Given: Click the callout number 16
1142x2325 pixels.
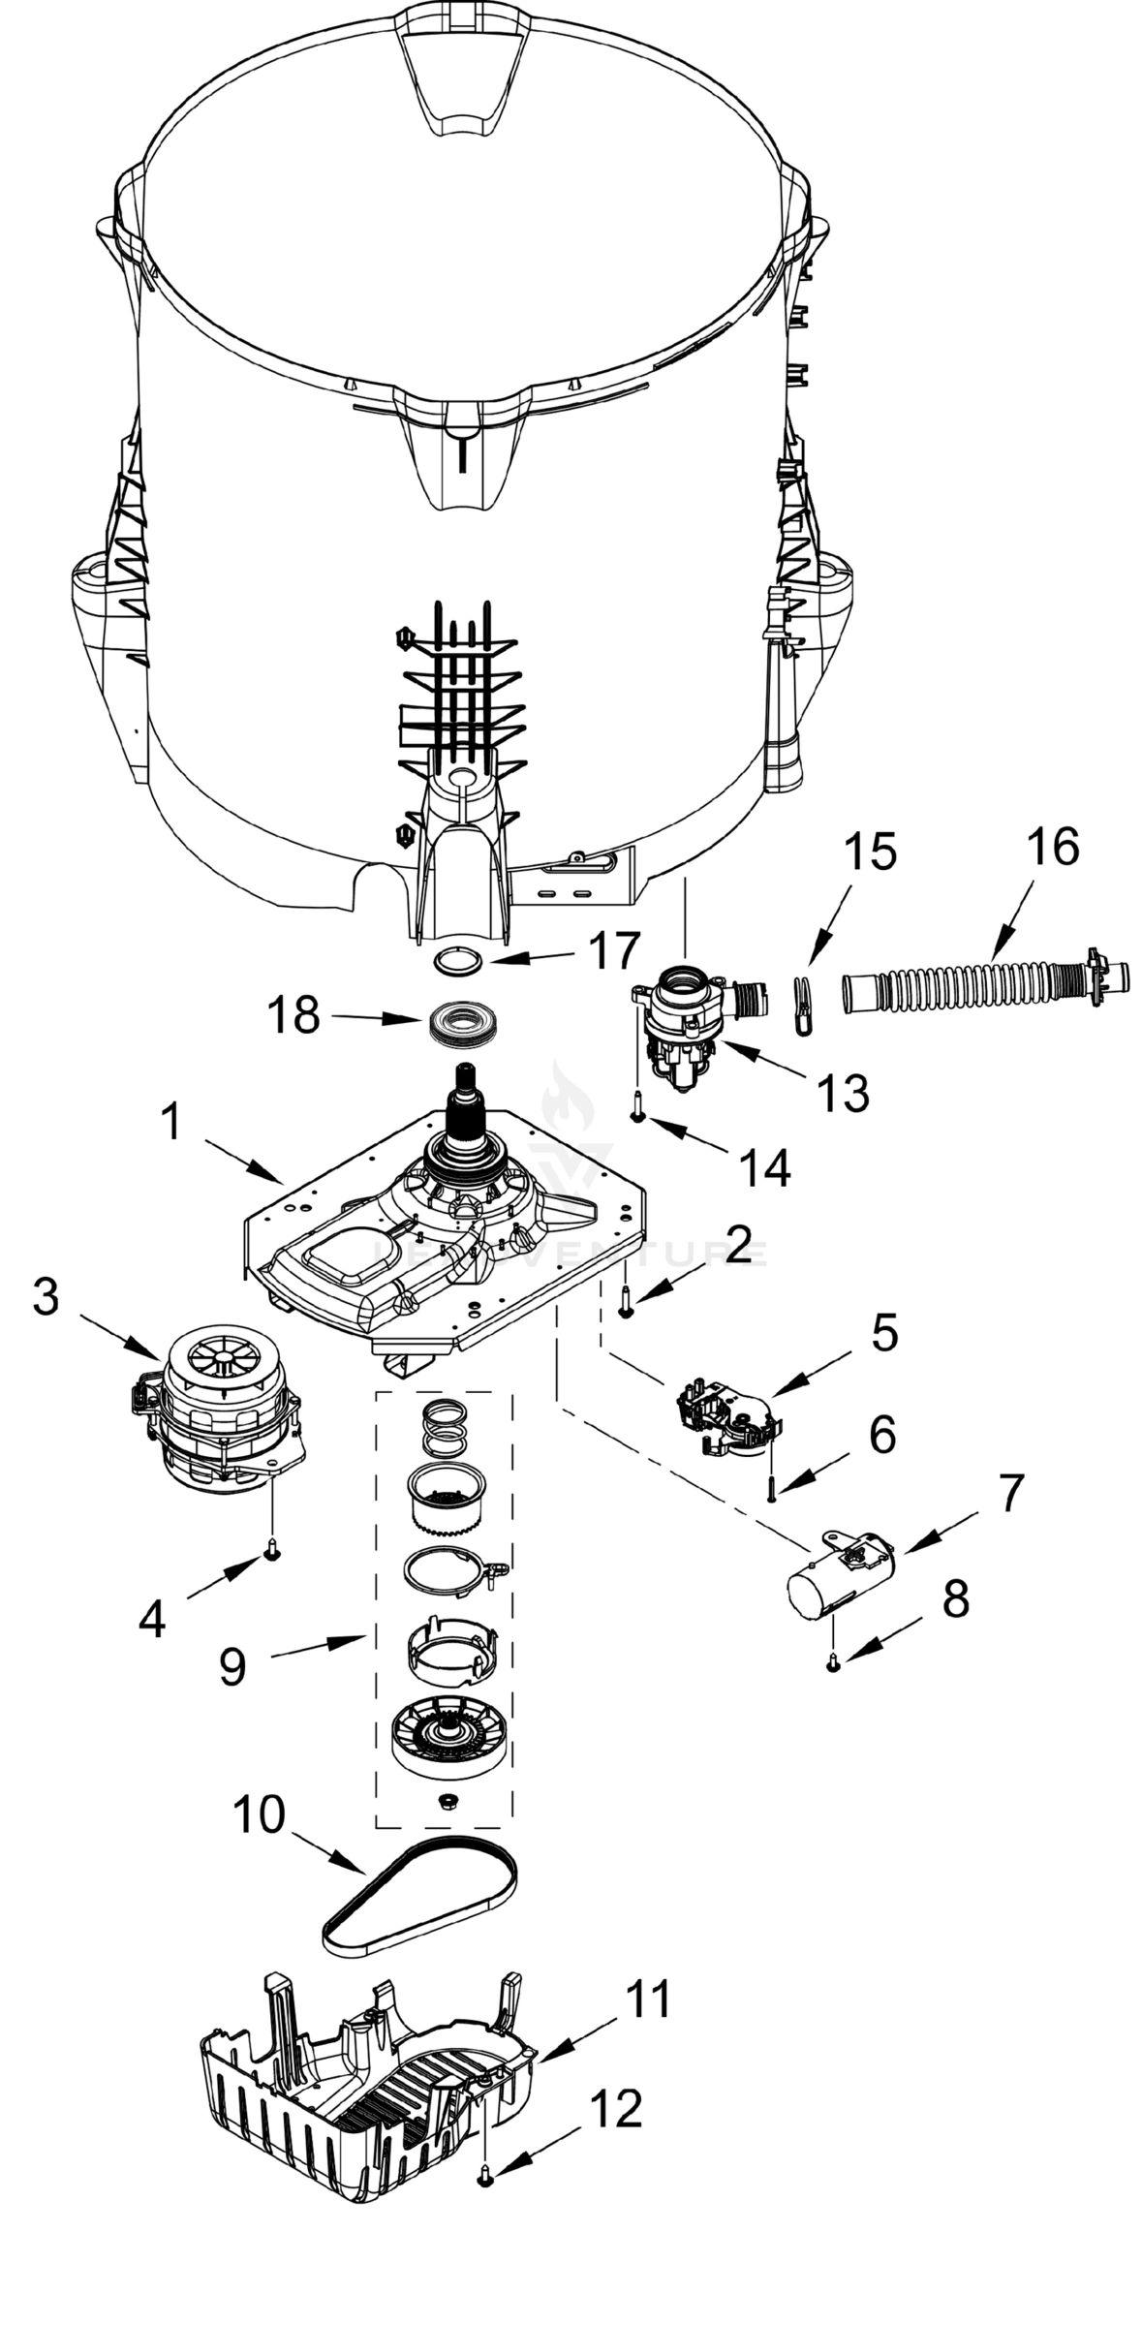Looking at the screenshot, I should click(x=1052, y=848).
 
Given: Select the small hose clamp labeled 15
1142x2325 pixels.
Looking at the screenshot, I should click(x=802, y=1006).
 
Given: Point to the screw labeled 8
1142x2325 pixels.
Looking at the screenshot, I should click(x=832, y=1664).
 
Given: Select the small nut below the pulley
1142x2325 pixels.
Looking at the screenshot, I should click(x=448, y=1800).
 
